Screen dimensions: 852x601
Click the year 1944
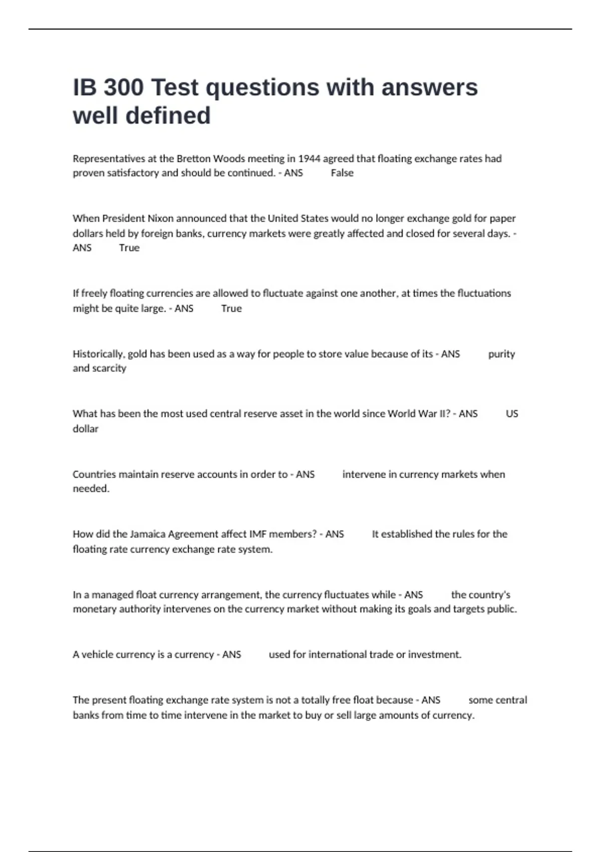point(309,159)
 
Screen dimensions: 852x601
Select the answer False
point(342,173)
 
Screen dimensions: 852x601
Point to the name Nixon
point(160,219)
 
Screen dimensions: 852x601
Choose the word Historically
point(98,354)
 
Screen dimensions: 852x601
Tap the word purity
point(501,354)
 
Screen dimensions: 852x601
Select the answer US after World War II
point(512,414)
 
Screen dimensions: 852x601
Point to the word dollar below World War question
point(86,429)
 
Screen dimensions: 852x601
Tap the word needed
point(91,489)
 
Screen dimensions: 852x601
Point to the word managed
point(112,595)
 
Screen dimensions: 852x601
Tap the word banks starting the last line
point(86,715)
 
